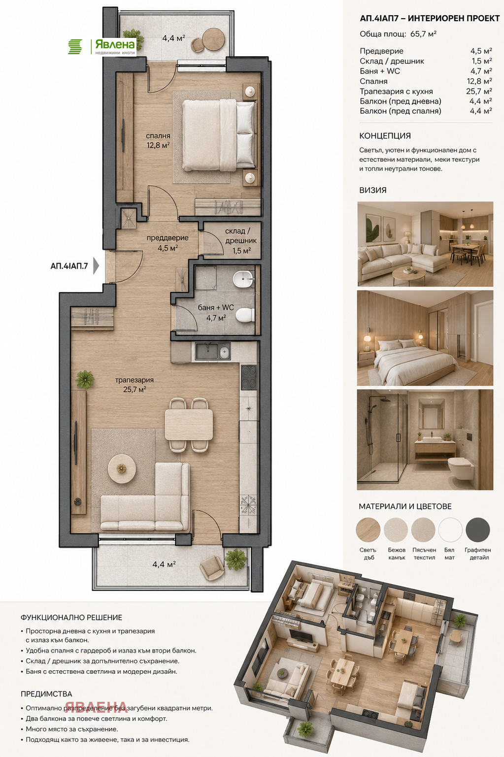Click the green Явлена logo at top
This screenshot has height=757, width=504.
point(102,47)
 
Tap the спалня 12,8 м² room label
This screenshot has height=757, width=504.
point(158,140)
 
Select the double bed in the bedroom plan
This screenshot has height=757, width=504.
point(218,135)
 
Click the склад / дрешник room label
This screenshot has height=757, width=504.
point(241,241)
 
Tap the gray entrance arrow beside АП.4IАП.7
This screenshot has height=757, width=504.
point(96,266)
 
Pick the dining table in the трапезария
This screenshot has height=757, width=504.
point(189,424)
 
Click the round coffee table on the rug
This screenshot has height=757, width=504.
point(122,469)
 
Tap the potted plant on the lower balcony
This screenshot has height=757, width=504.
point(235,559)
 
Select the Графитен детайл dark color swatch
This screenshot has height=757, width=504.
point(477,530)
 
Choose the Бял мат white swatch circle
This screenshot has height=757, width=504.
point(450,530)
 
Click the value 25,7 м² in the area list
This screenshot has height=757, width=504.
point(479,91)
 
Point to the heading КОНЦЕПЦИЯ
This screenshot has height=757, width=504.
point(385,136)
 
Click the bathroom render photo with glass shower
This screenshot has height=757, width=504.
point(425,440)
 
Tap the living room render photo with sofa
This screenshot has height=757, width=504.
point(425,244)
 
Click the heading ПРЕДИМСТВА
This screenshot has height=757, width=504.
point(46,694)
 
